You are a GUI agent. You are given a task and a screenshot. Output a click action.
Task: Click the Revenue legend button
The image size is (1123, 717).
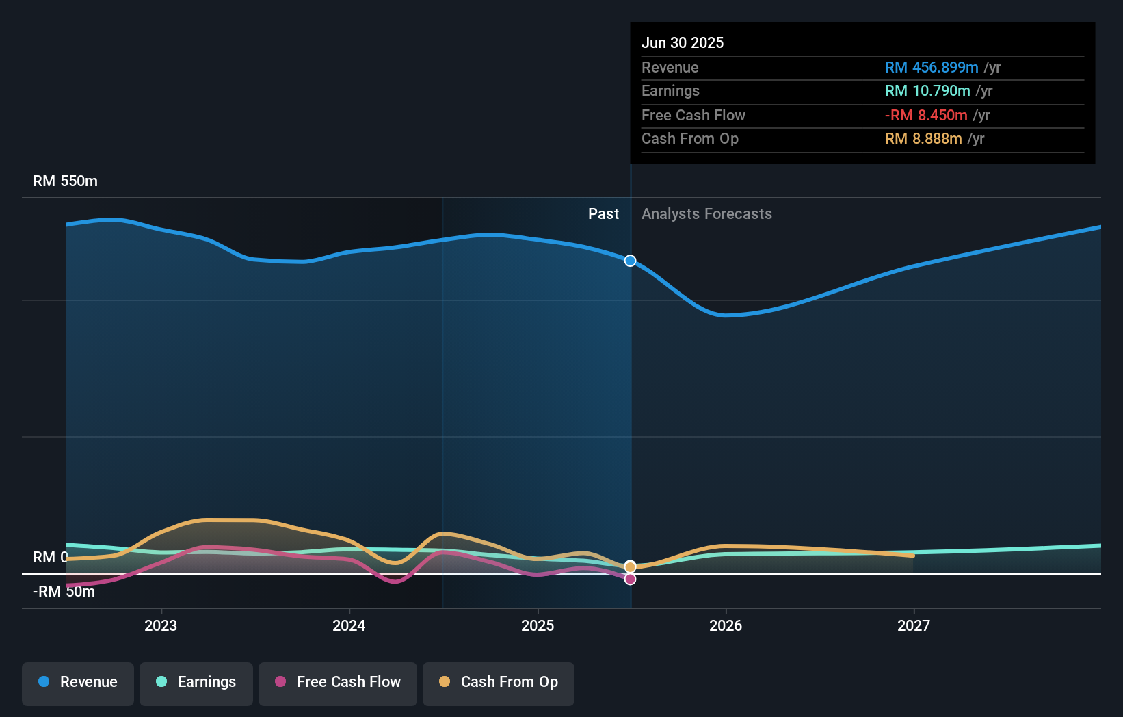point(78,682)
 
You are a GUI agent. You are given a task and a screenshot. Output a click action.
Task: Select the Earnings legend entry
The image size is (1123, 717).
point(196,682)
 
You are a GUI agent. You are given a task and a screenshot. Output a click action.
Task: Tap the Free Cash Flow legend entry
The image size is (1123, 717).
point(338,682)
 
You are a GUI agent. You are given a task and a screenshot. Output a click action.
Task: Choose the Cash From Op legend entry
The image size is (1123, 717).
point(499,682)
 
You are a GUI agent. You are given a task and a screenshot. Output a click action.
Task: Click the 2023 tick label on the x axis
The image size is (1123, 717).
point(161,625)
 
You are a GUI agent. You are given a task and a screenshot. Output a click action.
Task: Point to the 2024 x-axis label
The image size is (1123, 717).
point(349,625)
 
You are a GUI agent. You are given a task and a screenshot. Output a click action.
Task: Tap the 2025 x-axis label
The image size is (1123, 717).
point(538,625)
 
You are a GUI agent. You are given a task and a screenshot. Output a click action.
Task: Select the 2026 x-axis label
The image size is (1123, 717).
point(726,625)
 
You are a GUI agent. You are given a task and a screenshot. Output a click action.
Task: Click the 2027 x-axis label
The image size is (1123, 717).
point(914,625)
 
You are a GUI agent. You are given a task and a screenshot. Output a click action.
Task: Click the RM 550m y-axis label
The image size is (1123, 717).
point(65,181)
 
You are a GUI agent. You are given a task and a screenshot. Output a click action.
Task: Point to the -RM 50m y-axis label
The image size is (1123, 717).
point(64,592)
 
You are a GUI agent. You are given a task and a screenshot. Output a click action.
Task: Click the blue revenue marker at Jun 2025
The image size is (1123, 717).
point(630,261)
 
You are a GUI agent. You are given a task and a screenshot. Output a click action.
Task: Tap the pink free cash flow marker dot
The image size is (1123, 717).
point(630,579)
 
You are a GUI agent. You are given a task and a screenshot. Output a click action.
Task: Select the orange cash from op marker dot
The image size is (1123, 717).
point(630,566)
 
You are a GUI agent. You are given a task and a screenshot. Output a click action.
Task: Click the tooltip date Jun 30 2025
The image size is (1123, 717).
point(682,42)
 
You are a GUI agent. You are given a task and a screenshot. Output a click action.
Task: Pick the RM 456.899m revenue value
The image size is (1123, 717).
point(932,67)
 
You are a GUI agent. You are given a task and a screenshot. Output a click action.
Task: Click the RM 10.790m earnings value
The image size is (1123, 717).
point(927,91)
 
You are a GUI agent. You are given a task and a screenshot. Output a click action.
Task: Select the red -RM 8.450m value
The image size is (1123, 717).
point(926,115)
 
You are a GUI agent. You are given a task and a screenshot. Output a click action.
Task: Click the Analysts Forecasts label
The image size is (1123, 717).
point(706,214)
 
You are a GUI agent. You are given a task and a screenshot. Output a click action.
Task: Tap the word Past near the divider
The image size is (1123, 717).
point(603,214)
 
